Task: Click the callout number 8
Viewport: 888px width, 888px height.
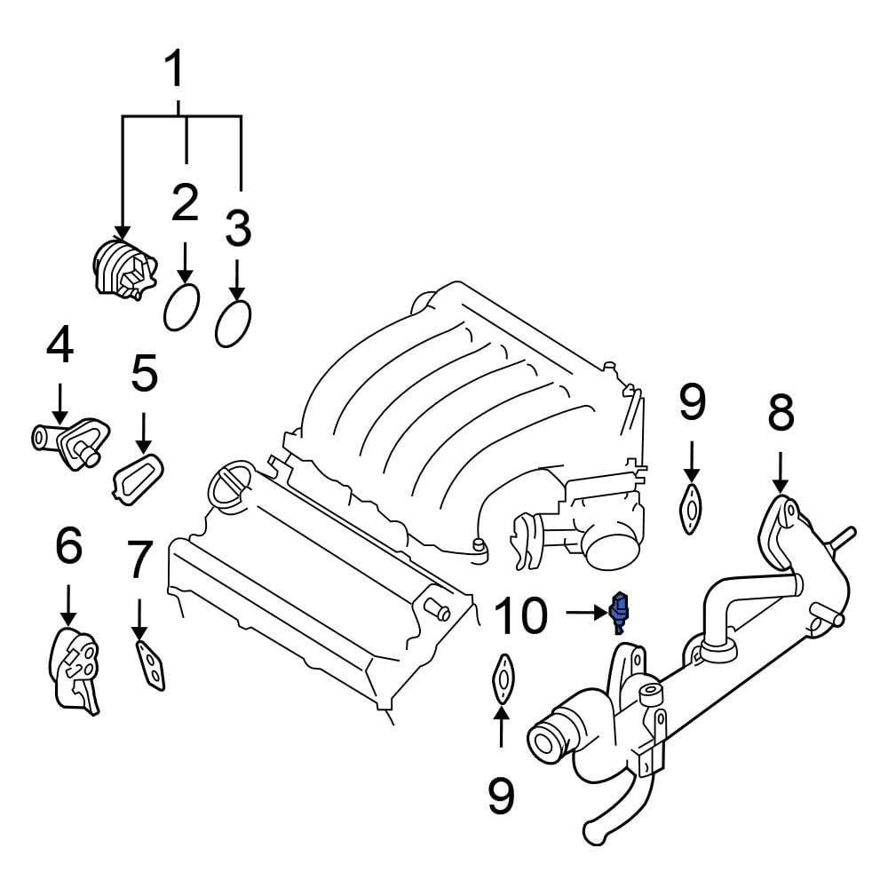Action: click(x=781, y=413)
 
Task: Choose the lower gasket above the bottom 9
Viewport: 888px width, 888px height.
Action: click(x=502, y=679)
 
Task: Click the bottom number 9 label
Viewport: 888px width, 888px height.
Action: click(x=502, y=796)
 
